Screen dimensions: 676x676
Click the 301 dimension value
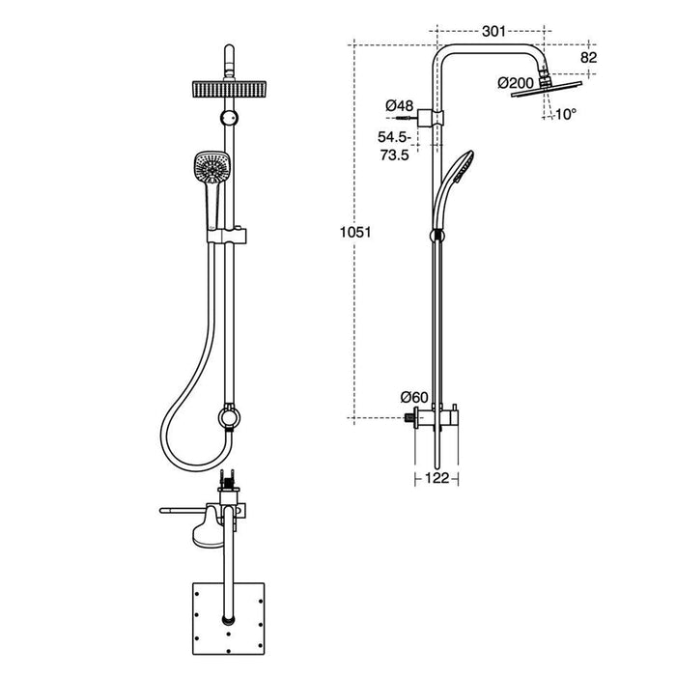point(493,32)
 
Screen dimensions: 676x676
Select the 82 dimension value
point(586,58)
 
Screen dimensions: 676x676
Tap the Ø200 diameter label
point(517,84)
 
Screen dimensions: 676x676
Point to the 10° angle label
point(566,114)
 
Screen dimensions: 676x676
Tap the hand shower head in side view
point(462,166)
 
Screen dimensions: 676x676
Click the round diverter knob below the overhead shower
point(228,117)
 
